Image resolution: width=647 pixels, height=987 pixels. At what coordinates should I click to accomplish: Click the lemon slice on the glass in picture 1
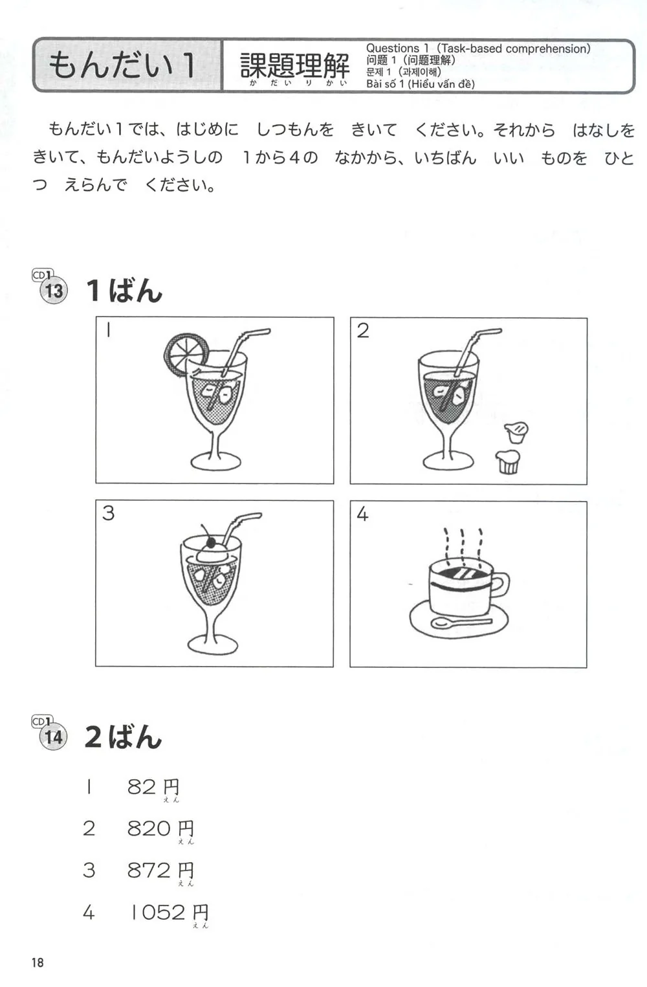pos(186,355)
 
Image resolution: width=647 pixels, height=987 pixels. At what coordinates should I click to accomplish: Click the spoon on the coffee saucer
pos(461,623)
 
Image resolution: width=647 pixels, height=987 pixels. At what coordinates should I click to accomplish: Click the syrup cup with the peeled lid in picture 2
pos(508,461)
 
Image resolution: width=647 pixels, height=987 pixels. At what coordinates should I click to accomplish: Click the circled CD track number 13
pos(54,291)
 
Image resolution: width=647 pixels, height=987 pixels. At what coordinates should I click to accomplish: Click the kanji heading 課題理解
pos(294,65)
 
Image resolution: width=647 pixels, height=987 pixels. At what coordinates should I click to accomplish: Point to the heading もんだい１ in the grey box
pos(122,65)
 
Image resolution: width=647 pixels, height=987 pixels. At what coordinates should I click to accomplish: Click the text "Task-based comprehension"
pos(514,49)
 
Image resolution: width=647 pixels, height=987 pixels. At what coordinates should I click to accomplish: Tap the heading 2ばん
pos(124,737)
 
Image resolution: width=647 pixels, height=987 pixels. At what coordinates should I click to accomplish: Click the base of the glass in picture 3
pos(213,647)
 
